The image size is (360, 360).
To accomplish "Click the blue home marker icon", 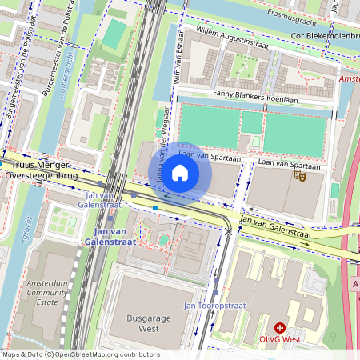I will (x=180, y=173).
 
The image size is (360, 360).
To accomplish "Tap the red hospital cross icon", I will (x=280, y=327).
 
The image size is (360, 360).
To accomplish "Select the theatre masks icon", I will (x=299, y=174).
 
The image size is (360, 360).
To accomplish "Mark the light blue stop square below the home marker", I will (x=155, y=208).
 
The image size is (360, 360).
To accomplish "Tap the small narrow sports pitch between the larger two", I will (x=251, y=122).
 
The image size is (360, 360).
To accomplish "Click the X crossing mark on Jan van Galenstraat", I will (x=230, y=231).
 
